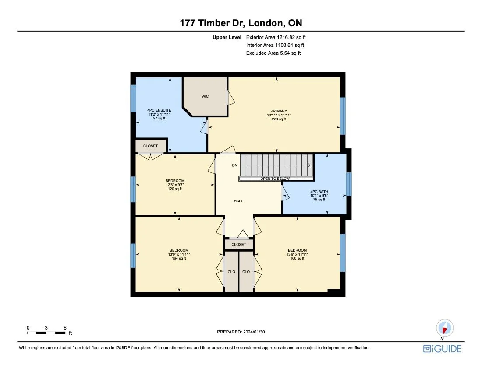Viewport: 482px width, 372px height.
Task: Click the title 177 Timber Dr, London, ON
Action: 241,23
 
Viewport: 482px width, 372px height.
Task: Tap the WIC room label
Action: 205,96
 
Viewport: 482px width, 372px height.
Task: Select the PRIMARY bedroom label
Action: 278,111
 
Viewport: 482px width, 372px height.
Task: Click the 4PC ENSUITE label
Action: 159,110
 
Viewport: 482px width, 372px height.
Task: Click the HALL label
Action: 238,201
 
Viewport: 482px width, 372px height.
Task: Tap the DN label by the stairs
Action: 234,165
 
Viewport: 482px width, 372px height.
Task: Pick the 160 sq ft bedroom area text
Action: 297,258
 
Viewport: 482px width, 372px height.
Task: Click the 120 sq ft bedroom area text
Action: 175,189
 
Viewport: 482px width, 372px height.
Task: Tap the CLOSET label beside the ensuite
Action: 150,146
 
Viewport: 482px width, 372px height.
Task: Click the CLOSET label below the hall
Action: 239,244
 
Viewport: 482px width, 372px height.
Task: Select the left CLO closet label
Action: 231,272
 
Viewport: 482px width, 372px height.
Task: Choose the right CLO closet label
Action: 246,272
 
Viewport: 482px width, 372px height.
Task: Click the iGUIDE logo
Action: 442,348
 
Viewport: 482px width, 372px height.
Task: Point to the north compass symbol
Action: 444,328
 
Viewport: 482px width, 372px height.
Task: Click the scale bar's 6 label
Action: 65,327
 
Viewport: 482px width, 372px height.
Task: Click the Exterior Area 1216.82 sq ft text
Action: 276,38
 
